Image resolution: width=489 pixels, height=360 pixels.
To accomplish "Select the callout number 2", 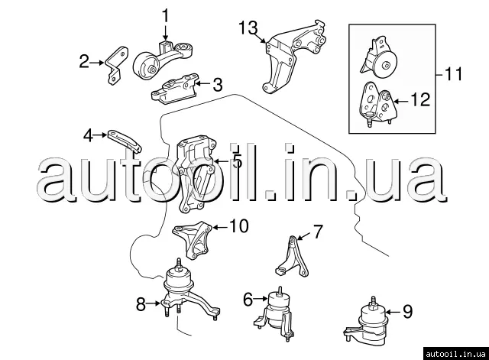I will [x=85, y=61].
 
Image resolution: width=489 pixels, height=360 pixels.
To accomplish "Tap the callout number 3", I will [x=218, y=84].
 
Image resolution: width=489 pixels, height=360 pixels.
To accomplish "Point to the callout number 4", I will [x=89, y=135].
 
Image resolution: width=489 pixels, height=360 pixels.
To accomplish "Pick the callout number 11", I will [x=454, y=75].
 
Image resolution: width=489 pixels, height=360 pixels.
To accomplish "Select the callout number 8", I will [x=141, y=304].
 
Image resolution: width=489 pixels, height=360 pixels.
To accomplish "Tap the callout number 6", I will [x=248, y=300].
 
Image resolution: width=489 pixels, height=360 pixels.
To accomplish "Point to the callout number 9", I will [x=406, y=311].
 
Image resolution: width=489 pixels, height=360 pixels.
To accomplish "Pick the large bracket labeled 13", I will [x=294, y=61].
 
